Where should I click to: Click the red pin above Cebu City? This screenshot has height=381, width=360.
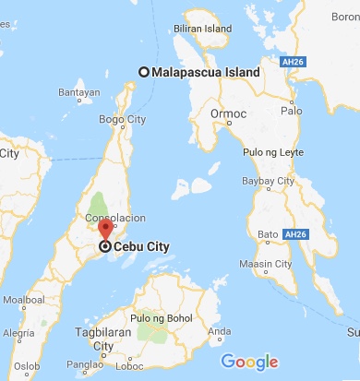point(105,230)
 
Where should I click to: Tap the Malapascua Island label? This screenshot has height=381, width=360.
point(206,72)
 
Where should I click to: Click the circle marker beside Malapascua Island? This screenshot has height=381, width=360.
point(144,72)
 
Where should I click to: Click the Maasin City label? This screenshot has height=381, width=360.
point(270,266)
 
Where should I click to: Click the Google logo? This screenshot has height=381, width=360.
point(249,363)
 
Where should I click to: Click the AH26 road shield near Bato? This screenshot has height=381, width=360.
point(296,235)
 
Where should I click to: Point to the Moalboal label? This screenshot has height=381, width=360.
point(21,300)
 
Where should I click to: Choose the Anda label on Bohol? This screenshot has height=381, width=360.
point(220,331)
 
